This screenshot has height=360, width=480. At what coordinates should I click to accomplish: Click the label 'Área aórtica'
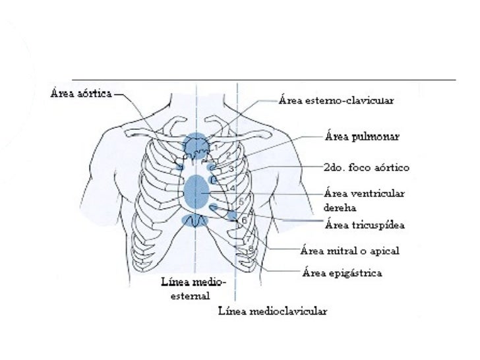pyautogui.click(x=82, y=93)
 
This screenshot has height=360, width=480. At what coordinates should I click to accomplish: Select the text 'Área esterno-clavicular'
pyautogui.click(x=337, y=101)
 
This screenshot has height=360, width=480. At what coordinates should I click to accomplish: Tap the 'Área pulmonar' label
pyautogui.click(x=363, y=137)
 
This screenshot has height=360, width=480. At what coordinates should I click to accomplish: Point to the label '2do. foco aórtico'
pyautogui.click(x=367, y=167)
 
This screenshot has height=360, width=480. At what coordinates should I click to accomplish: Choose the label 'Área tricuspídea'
pyautogui.click(x=365, y=225)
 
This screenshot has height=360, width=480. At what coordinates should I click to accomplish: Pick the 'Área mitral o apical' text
pyautogui.click(x=350, y=251)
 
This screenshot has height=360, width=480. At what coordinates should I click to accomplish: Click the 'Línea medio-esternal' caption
pyautogui.click(x=194, y=289)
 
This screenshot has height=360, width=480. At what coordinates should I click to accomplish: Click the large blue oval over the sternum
pyautogui.click(x=196, y=191)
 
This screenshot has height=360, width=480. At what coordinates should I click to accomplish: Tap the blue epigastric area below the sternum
pyautogui.click(x=196, y=220)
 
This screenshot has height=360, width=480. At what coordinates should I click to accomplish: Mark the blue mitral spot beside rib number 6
pyautogui.click(x=232, y=215)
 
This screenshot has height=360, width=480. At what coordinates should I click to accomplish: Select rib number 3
pyautogui.click(x=231, y=169)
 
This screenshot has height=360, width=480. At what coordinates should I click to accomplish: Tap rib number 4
pyautogui.click(x=233, y=187)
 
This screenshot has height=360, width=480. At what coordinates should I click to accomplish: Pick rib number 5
pyautogui.click(x=241, y=200)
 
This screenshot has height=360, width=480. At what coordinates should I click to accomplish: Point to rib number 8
pyautogui.click(x=251, y=247)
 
